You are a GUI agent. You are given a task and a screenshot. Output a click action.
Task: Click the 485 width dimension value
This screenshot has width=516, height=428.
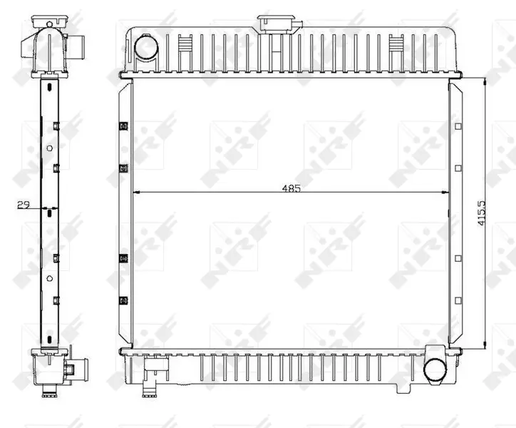[291, 188]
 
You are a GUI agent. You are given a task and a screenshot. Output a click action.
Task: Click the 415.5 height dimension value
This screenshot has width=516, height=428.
[482, 213]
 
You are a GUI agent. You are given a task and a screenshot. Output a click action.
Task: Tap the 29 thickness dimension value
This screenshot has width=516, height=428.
[24, 205]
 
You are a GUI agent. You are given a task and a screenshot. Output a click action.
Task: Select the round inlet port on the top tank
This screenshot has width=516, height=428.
[146, 48]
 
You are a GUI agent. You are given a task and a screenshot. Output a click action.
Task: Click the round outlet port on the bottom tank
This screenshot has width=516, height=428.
[435, 370]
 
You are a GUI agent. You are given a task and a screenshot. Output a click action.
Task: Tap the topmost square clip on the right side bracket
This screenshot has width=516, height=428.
[458, 126]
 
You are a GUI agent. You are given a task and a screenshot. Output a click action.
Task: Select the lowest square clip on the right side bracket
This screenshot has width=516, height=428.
[458, 300]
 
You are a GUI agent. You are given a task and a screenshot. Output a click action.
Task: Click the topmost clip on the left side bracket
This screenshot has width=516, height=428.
[123, 126]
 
